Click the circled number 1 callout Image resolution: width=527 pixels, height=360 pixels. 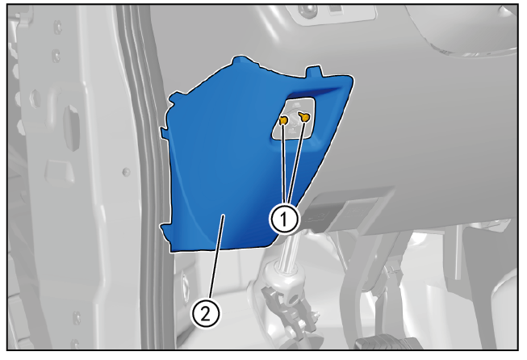(x=284, y=220)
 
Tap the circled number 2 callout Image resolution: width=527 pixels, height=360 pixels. (x=206, y=314)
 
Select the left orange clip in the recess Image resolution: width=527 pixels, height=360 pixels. (x=283, y=120)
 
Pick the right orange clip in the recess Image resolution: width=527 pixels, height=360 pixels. (x=304, y=117)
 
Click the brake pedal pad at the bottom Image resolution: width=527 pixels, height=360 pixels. (x=387, y=343)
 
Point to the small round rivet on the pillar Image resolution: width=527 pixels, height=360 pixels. (x=126, y=172)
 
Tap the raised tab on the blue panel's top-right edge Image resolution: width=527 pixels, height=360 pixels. (x=313, y=72)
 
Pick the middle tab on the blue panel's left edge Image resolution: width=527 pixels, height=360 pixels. (x=165, y=132)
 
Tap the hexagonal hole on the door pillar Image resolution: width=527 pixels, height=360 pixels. (x=36, y=98)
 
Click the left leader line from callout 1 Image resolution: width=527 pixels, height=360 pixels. (x=284, y=164)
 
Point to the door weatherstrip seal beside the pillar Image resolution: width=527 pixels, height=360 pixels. (x=148, y=168)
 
